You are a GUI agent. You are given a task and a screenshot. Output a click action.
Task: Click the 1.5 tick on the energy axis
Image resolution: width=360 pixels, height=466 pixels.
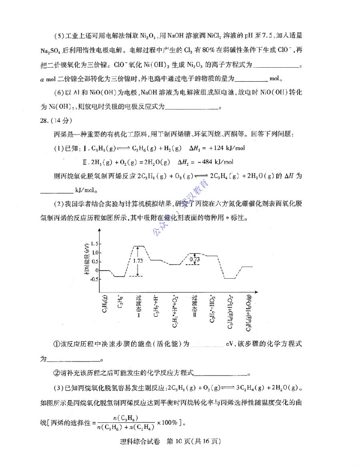pos(94,243)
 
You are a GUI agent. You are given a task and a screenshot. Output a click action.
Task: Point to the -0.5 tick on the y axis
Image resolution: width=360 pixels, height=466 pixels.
pos(94,279)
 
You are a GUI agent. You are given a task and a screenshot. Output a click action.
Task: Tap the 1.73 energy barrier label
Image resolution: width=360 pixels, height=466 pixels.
pos(138,261)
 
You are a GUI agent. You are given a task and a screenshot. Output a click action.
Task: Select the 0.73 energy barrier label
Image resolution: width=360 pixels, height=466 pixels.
pos(195,259)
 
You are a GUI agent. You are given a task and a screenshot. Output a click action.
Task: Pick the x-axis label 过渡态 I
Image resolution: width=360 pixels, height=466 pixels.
pos(138,306)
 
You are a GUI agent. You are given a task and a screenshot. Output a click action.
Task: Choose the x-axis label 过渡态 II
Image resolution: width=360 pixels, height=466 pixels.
pos(195,306)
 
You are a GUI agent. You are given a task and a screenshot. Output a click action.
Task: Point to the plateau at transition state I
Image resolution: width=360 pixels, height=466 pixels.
pos(138,246)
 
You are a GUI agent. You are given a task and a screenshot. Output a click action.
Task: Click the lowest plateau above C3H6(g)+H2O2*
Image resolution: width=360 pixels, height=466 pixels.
pos(230,278)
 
